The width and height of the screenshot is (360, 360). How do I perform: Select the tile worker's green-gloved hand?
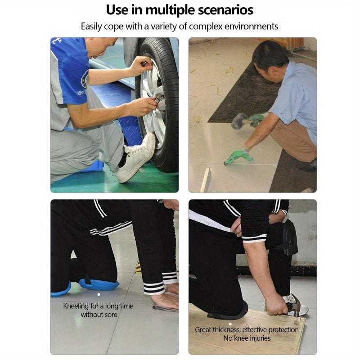239,156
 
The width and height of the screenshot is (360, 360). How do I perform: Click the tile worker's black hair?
269,55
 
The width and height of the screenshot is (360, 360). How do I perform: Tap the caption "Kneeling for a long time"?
98,306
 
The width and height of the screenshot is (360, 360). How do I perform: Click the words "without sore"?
99,315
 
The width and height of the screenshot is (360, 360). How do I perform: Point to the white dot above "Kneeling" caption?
99,294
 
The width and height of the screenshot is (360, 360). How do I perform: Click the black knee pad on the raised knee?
290,238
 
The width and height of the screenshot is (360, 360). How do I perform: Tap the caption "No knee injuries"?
247,338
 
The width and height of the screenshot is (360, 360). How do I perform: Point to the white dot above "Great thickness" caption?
230,324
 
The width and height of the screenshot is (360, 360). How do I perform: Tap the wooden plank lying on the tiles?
206,180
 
